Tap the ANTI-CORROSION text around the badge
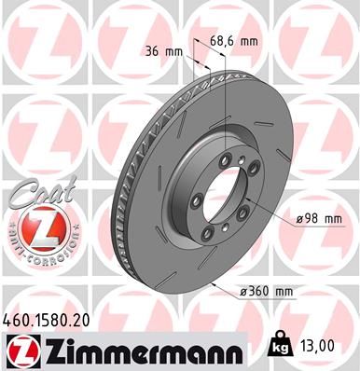point(34,254)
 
